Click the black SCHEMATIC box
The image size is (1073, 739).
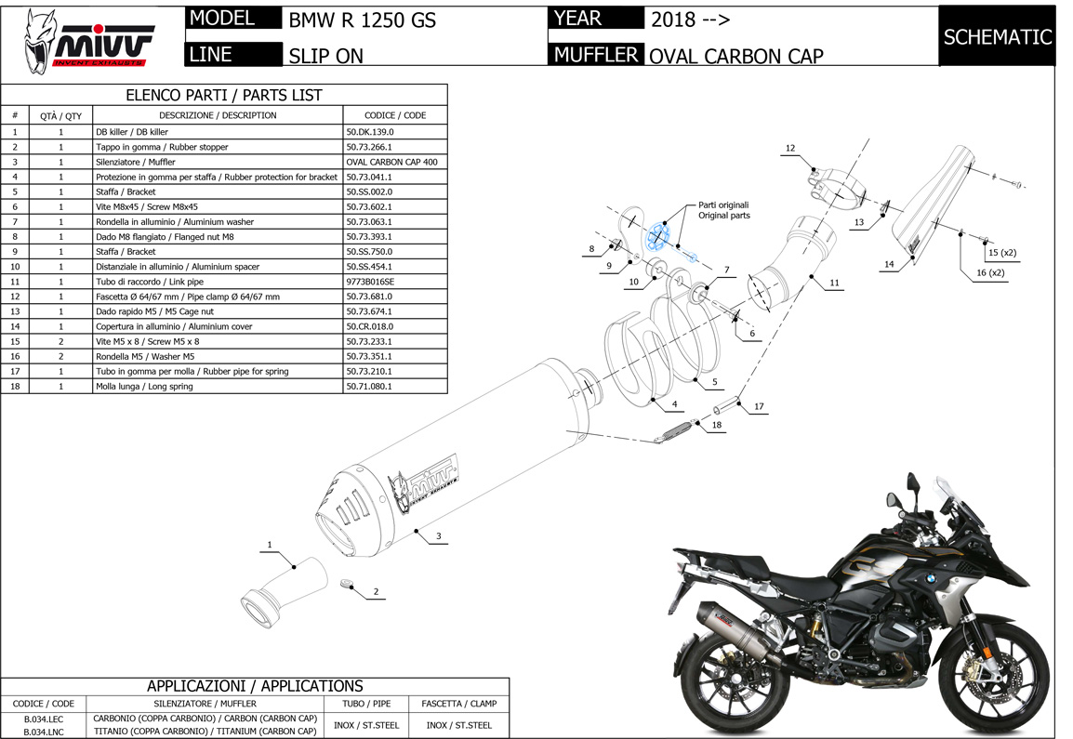(997, 37)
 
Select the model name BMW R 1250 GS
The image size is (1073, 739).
(362, 20)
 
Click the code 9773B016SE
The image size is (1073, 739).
(370, 282)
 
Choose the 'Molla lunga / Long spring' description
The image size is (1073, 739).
(144, 386)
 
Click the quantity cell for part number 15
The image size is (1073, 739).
(60, 341)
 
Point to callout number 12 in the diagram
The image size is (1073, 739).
(789, 148)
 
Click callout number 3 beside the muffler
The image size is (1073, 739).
(438, 535)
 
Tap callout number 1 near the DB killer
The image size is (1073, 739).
(269, 544)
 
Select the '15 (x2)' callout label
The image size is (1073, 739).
(1002, 252)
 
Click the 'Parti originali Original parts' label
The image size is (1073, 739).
(723, 210)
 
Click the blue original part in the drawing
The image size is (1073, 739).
(660, 237)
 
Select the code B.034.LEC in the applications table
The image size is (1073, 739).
(44, 719)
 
